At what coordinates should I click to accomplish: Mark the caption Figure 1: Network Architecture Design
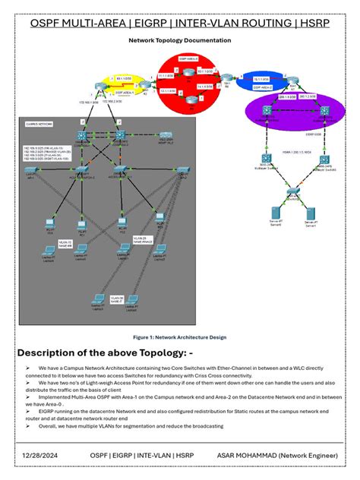click(x=179, y=336)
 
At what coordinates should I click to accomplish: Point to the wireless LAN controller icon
click(x=166, y=136)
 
